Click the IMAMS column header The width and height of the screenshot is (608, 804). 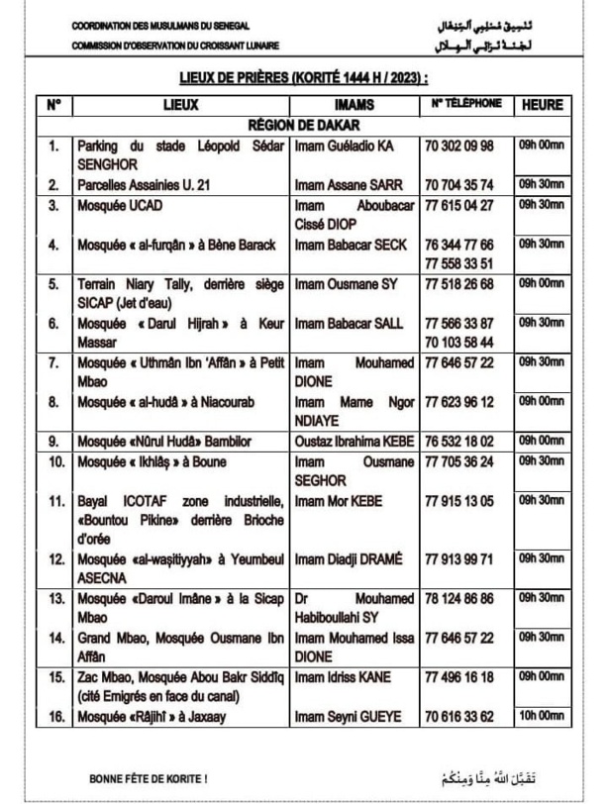click(x=354, y=104)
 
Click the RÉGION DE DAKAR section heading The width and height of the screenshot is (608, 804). click(x=304, y=126)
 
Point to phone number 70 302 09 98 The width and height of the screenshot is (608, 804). click(x=458, y=147)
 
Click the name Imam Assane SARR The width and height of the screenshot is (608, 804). click(x=342, y=185)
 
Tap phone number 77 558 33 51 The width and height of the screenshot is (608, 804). click(x=458, y=262)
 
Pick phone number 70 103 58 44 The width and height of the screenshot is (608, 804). click(x=458, y=341)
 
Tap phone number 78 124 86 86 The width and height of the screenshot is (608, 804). click(x=458, y=599)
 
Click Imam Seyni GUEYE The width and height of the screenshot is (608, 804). click(x=346, y=716)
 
